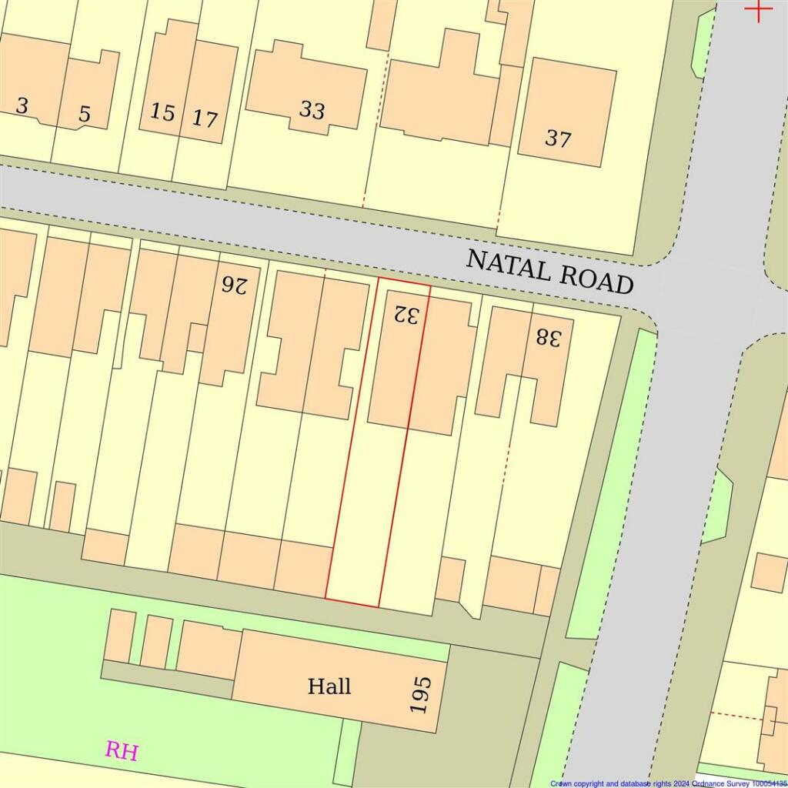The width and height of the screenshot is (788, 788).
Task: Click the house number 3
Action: pos(22,105)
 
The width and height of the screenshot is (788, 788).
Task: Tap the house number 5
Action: pos(85,115)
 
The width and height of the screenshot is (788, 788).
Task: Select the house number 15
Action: pos(162,112)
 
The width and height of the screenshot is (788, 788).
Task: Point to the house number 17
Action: pos(205,119)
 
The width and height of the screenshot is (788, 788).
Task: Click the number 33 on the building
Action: pos(312,110)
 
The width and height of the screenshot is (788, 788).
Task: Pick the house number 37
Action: pos(558,139)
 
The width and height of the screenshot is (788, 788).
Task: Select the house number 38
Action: pos(549,336)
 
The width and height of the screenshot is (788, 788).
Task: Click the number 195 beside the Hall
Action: pos(422,694)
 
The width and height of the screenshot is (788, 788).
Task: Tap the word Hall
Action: pos(329,686)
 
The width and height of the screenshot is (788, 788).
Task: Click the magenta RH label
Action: pos(122,750)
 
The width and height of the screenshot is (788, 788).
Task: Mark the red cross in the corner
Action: pos(759,9)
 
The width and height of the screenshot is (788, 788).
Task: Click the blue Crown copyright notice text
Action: pos(668,783)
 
